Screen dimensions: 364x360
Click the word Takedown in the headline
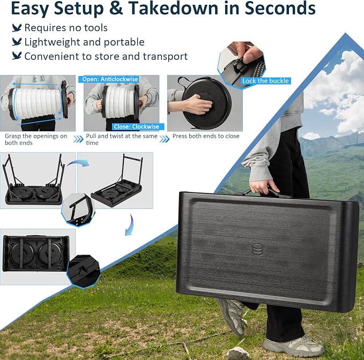tap(173, 8)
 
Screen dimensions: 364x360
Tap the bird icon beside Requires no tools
tap(17, 28)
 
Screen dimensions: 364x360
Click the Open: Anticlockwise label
tap(110, 79)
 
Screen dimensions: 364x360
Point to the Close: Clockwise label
tap(136, 126)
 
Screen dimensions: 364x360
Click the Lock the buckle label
tap(265, 81)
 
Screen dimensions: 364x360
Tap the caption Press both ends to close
tap(206, 136)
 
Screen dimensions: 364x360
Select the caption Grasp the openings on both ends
tap(36, 139)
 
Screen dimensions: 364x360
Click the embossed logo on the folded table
tap(257, 250)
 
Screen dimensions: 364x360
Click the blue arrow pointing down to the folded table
tap(129, 225)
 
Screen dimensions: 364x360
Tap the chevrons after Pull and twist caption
tap(165, 139)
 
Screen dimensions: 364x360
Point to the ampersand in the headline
tap(116, 9)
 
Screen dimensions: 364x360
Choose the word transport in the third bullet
tap(165, 57)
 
